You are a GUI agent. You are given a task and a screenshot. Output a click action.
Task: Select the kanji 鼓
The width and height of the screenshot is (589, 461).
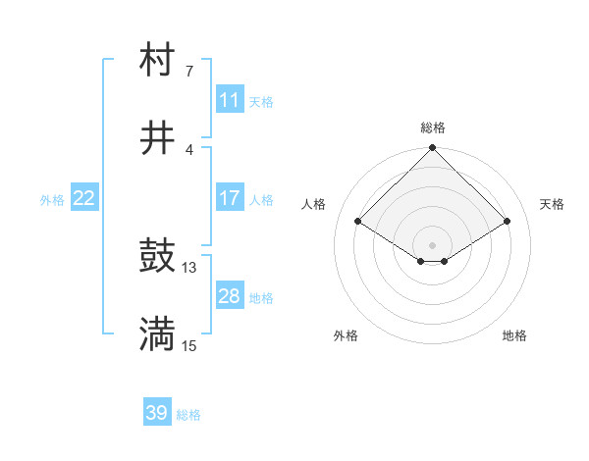(x=157, y=257)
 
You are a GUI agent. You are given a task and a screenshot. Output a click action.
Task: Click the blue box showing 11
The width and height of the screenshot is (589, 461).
(x=230, y=100)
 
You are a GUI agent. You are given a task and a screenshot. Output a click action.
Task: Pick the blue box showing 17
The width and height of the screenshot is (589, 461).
(x=230, y=198)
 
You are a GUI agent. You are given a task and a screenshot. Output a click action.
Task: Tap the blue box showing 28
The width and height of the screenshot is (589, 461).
(x=230, y=296)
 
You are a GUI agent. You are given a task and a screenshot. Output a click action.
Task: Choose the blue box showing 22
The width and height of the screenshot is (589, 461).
(x=84, y=198)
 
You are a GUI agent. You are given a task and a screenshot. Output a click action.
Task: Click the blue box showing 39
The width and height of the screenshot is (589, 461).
(x=157, y=413)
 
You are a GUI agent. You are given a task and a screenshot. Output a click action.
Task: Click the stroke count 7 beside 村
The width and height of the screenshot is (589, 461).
(x=189, y=71)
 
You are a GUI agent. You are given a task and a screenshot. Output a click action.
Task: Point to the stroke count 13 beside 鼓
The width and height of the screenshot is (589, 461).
(x=189, y=267)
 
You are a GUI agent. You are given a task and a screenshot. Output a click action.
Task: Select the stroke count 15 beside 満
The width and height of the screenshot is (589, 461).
(x=189, y=345)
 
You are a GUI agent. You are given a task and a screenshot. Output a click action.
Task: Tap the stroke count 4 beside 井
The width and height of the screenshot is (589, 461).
(x=189, y=149)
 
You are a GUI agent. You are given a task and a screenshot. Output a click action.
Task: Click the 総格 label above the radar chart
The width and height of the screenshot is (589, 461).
(x=433, y=128)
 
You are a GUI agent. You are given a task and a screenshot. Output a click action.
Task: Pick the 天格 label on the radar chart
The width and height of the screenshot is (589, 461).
(x=553, y=204)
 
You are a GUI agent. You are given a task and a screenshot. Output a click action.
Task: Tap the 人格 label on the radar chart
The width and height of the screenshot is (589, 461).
(x=314, y=204)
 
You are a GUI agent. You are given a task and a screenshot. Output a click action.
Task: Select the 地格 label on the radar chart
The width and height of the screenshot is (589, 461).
(x=514, y=335)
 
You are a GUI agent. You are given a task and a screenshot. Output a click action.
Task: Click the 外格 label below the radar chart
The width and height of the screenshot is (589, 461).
(x=346, y=335)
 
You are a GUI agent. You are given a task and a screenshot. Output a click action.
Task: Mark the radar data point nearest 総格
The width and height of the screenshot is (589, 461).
(x=433, y=149)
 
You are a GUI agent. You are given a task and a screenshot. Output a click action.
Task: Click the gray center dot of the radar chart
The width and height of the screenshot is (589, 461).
(x=433, y=244)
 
